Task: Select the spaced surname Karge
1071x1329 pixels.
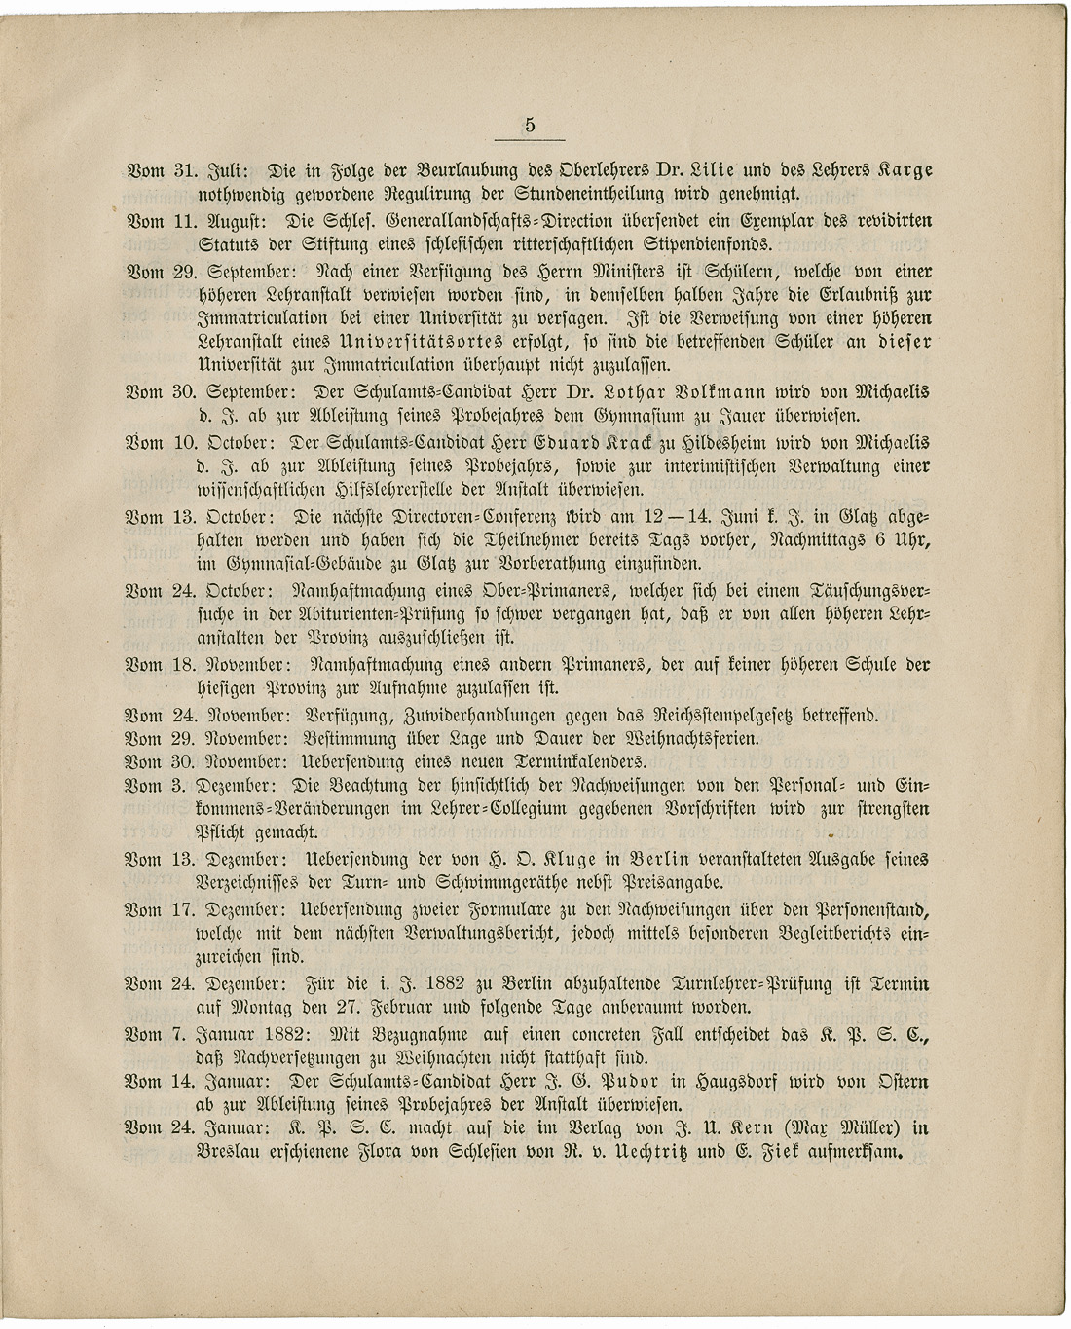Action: pyautogui.click(x=902, y=169)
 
